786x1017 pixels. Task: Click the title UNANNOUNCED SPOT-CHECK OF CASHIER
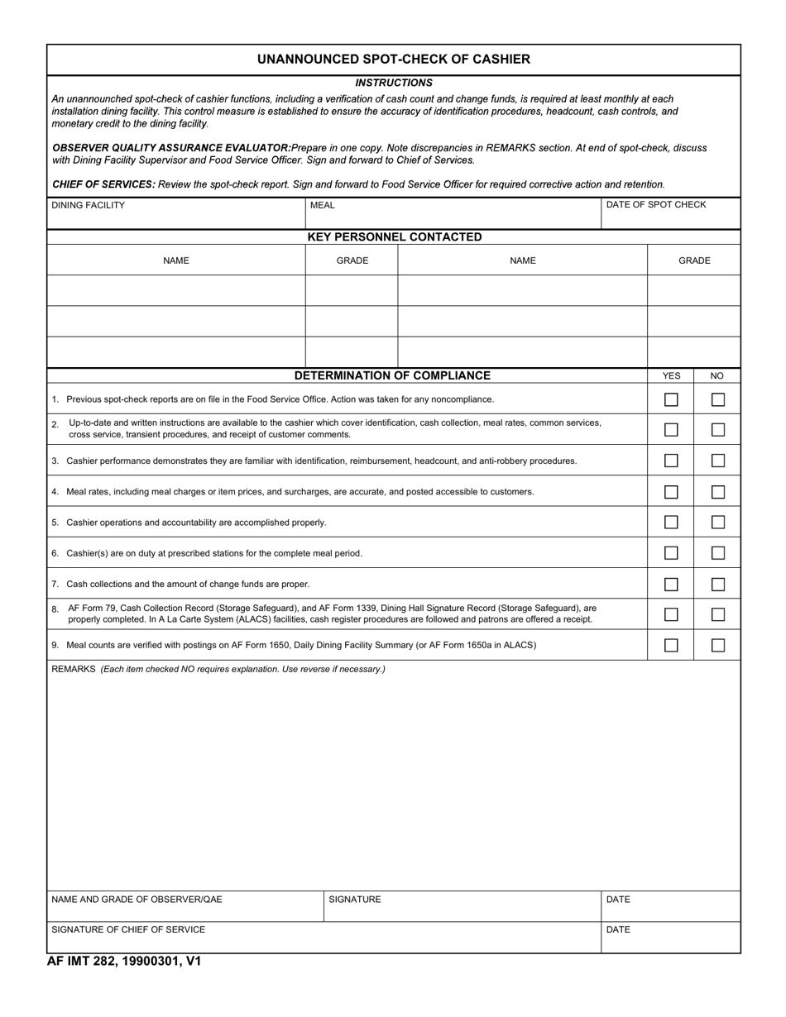[393, 60]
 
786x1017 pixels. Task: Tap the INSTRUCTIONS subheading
[393, 83]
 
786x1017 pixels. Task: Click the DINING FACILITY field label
[89, 205]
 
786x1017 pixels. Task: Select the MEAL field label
[323, 205]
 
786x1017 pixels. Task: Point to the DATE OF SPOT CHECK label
[656, 204]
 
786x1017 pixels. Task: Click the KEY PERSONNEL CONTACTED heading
[394, 237]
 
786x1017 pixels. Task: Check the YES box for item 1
[671, 399]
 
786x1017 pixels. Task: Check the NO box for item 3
[718, 461]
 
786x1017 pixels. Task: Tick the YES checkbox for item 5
[671, 523]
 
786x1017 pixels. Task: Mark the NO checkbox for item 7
[718, 584]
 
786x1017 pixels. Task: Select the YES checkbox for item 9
[671, 645]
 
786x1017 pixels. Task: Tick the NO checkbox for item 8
[718, 614]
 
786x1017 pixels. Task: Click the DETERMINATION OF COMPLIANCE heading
[392, 375]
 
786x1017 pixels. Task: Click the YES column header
[671, 375]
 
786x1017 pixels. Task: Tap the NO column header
[717, 375]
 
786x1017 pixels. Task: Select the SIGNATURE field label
[355, 900]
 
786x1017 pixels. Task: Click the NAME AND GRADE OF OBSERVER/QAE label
[137, 900]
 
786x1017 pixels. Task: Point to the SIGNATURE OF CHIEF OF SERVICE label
[128, 929]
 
